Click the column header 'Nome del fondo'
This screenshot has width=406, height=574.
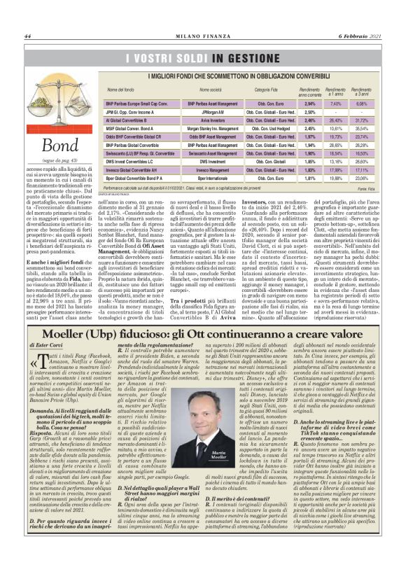(x=120, y=90)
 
